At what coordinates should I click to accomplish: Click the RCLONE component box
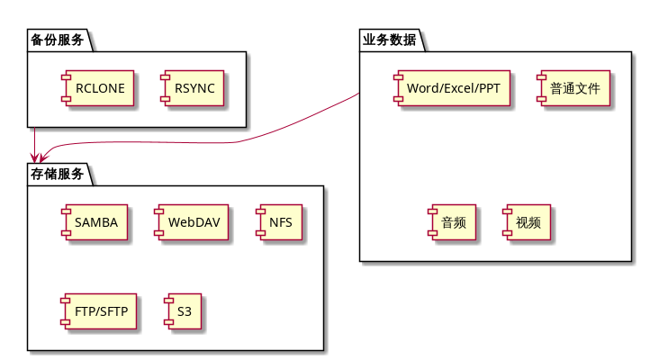99,87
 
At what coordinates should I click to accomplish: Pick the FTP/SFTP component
97,312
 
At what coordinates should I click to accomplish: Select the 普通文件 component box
574,87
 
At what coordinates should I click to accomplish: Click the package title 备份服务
57,40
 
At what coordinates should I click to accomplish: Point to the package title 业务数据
389,40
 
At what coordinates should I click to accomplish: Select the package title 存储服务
57,175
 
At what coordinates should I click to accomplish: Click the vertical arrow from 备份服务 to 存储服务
33,144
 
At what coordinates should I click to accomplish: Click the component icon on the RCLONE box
65,87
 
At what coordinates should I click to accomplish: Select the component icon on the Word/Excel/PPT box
397,87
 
